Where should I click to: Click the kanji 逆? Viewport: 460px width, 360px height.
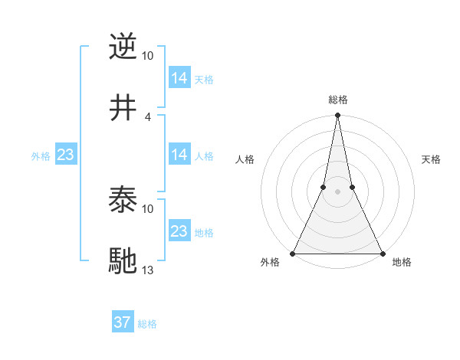click(x=123, y=47)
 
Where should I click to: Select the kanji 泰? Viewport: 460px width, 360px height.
click(x=123, y=201)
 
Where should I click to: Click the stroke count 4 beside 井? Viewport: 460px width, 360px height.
click(x=147, y=116)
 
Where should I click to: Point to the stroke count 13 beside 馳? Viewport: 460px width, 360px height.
click(x=148, y=270)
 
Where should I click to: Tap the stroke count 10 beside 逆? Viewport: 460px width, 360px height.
click(x=148, y=55)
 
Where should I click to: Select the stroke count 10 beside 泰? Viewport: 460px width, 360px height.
click(x=148, y=208)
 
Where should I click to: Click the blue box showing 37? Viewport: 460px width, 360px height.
click(x=123, y=322)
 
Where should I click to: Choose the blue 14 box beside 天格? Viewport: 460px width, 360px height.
click(x=179, y=78)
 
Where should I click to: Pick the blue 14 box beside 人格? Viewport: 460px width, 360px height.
click(x=179, y=155)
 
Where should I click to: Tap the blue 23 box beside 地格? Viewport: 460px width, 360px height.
click(x=179, y=231)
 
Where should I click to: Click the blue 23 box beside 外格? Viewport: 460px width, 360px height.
click(x=66, y=155)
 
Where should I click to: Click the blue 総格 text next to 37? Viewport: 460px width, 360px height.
click(x=147, y=324)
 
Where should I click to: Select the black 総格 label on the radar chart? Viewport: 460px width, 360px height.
click(x=337, y=100)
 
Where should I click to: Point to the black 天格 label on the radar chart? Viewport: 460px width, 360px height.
click(x=432, y=159)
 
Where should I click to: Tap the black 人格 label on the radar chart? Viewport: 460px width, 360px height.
click(x=245, y=159)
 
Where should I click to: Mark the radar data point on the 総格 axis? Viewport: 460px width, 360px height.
click(x=337, y=116)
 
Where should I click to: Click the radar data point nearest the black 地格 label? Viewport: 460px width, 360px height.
click(x=382, y=253)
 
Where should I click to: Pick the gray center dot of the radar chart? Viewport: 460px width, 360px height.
click(x=337, y=191)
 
